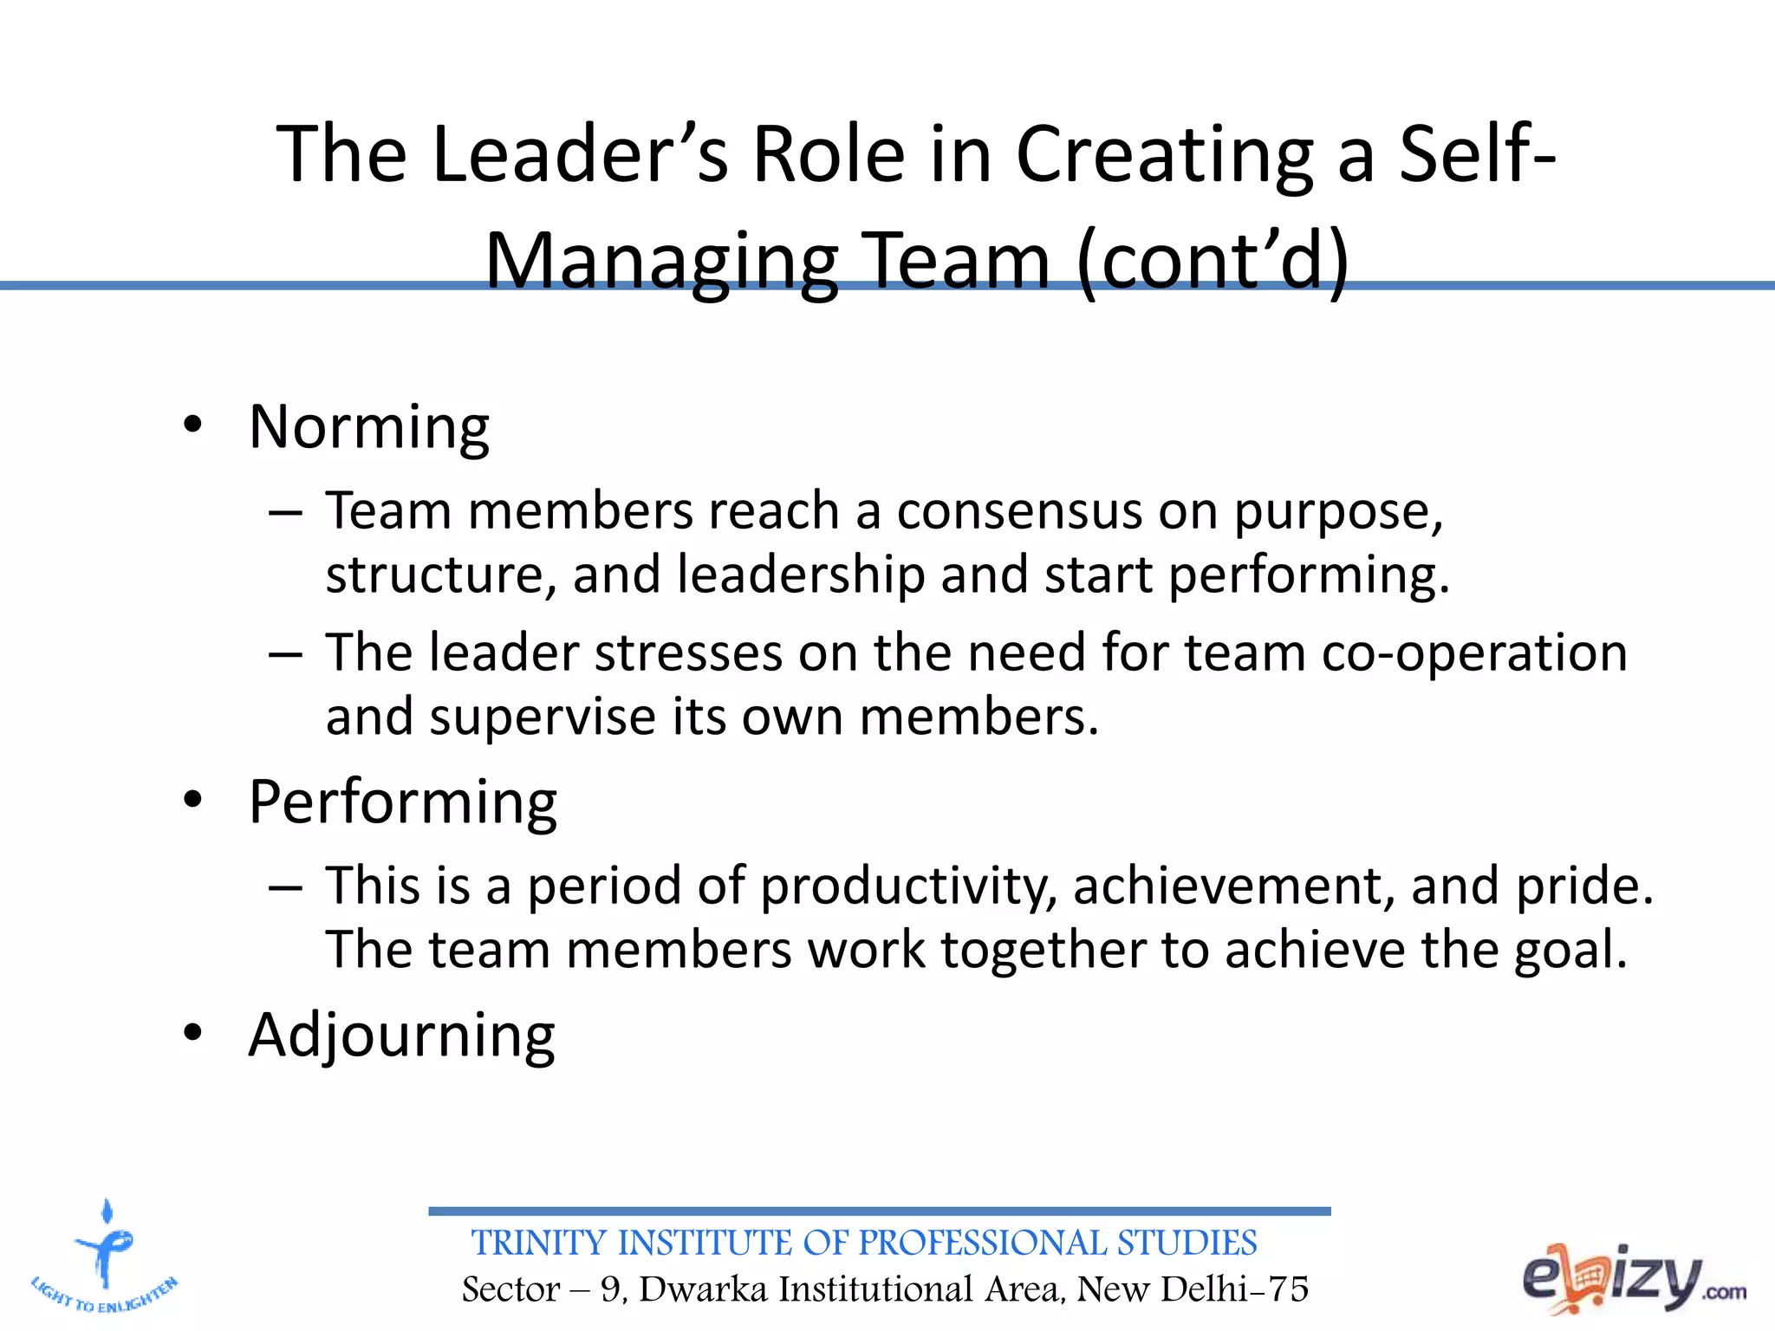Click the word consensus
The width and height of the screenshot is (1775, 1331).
[1019, 511]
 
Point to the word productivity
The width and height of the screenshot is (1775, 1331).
[909, 886]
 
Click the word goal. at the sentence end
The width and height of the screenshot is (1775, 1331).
[1570, 950]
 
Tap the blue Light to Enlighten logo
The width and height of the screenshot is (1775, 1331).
[105, 1256]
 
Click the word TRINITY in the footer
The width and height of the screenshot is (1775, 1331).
[538, 1243]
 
